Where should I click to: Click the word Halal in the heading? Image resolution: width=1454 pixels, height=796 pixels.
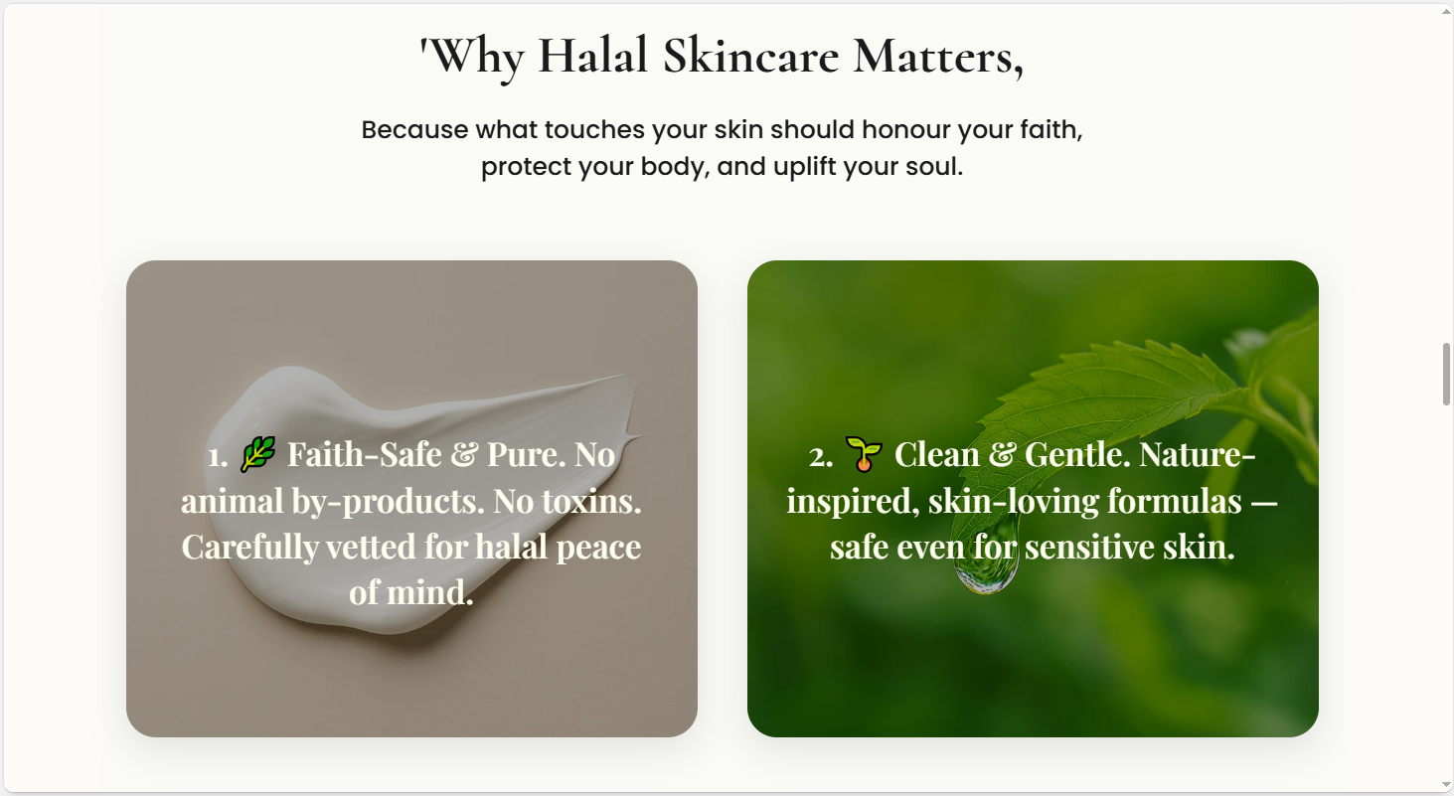pyautogui.click(x=592, y=56)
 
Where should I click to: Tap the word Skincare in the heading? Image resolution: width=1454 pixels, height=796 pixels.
pyautogui.click(x=750, y=56)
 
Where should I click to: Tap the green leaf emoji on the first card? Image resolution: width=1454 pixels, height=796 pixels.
pyautogui.click(x=257, y=454)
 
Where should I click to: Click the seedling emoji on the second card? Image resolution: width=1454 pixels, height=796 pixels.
pyautogui.click(x=864, y=454)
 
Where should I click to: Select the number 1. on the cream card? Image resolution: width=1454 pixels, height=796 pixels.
pyautogui.click(x=218, y=456)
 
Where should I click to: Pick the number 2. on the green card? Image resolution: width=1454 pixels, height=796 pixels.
pyautogui.click(x=821, y=456)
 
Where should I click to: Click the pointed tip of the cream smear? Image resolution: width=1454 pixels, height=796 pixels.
pyautogui.click(x=640, y=435)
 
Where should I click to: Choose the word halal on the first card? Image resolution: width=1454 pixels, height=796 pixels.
pyautogui.click(x=510, y=547)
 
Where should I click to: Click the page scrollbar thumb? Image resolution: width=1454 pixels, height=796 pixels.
pyautogui.click(x=1446, y=374)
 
